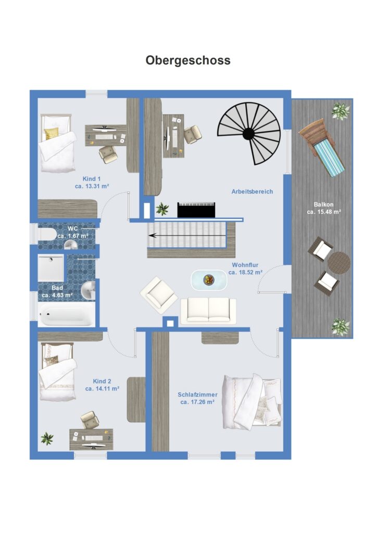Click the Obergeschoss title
pos(188,60)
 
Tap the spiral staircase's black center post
pos(248,134)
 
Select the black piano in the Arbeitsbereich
pos(196,210)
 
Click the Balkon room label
pos(323,204)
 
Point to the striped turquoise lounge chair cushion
pos(329,159)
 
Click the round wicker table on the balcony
pos(338,263)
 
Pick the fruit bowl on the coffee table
pos(209,280)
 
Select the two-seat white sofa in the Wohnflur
pos(208,311)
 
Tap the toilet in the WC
pos(47,235)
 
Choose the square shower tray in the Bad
pos(51,269)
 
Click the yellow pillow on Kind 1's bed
pos(51,134)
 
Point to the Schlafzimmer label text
pos(197,395)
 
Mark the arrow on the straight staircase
pos(187,235)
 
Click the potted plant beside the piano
pos(162,208)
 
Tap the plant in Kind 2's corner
pos(47,438)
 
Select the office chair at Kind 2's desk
pos(90,420)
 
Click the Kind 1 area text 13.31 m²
pos(92,186)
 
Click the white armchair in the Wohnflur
pos(159,295)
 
